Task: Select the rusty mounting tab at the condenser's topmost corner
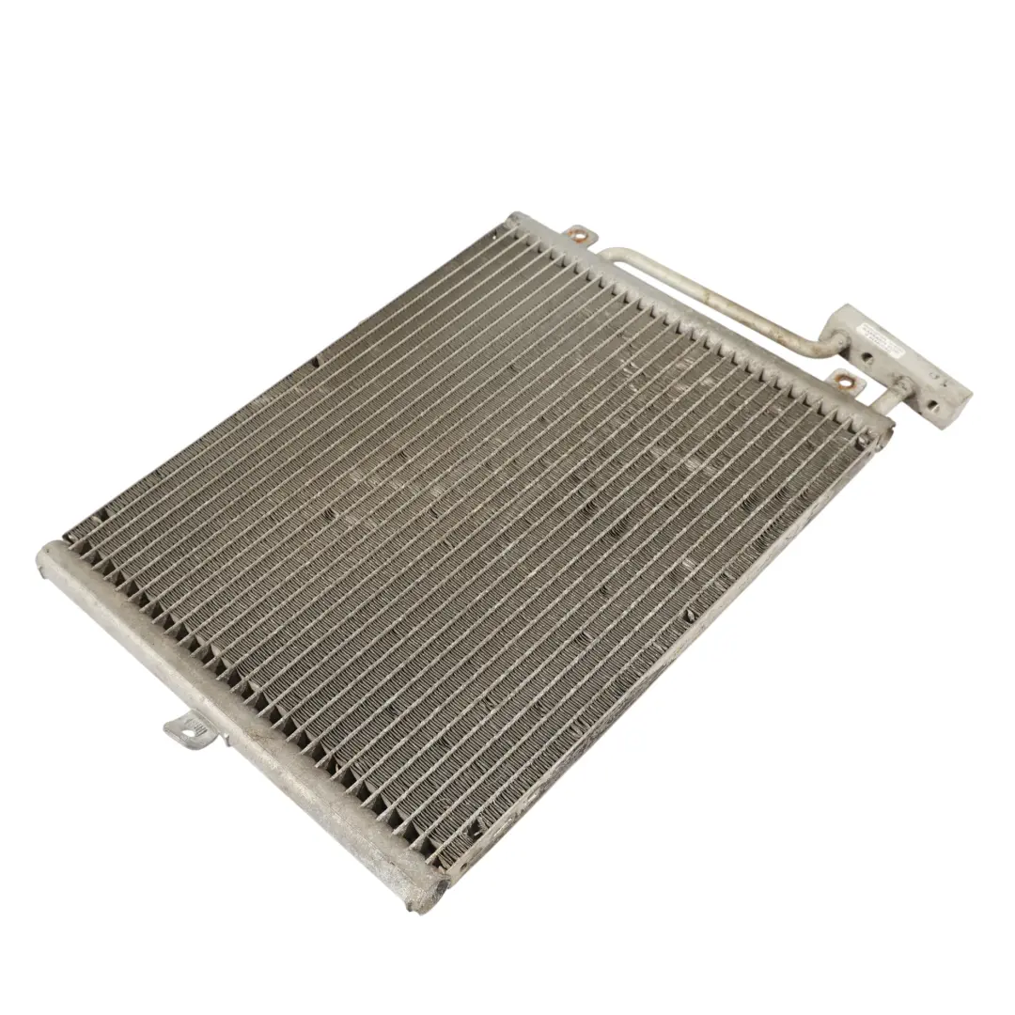coord(577,234)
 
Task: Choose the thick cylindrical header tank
coord(235,714)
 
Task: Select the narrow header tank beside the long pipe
coord(705,324)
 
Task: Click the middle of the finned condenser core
coord(470,545)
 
